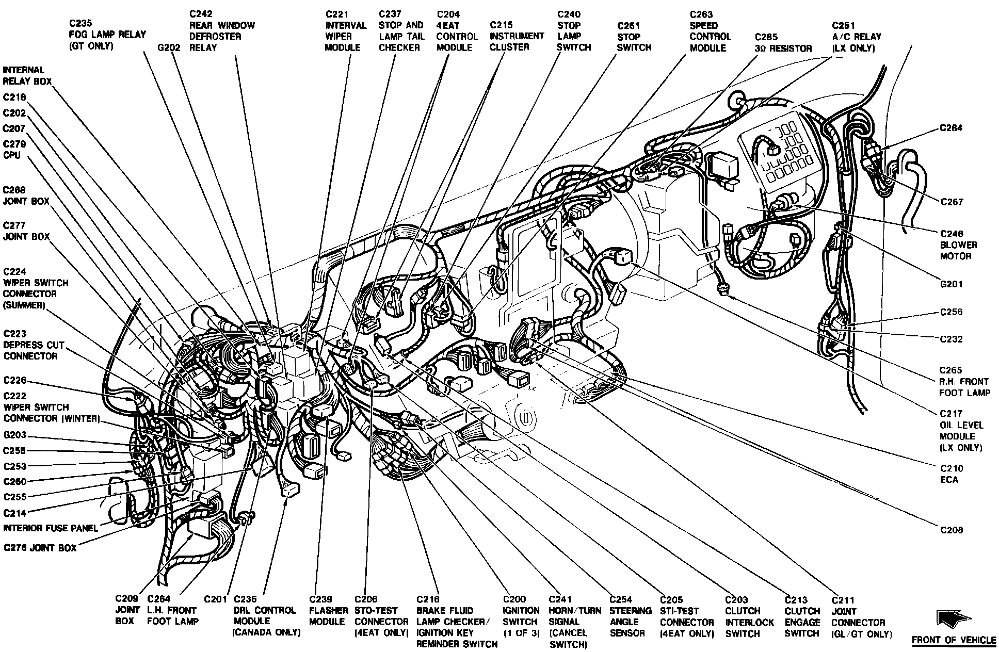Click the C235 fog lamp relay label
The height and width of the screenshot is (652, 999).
[107, 35]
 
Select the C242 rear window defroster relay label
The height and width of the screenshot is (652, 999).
[222, 30]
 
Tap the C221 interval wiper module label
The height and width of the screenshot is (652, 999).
[346, 30]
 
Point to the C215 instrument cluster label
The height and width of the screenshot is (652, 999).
[517, 36]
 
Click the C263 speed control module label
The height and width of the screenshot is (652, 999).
[710, 31]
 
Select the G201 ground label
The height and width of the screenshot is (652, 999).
[951, 284]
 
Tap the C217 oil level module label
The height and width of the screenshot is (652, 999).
[961, 431]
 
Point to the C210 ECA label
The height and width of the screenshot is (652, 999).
[951, 474]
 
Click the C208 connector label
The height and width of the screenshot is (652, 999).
[951, 530]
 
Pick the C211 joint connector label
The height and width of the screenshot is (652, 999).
[861, 617]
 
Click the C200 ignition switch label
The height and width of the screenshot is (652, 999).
[521, 616]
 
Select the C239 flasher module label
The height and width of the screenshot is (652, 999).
[329, 610]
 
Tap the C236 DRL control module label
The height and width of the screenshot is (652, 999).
[267, 616]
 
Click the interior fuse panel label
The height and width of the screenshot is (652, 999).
[51, 528]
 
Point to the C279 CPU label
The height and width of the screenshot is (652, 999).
[14, 150]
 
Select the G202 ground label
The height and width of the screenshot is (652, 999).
[169, 47]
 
